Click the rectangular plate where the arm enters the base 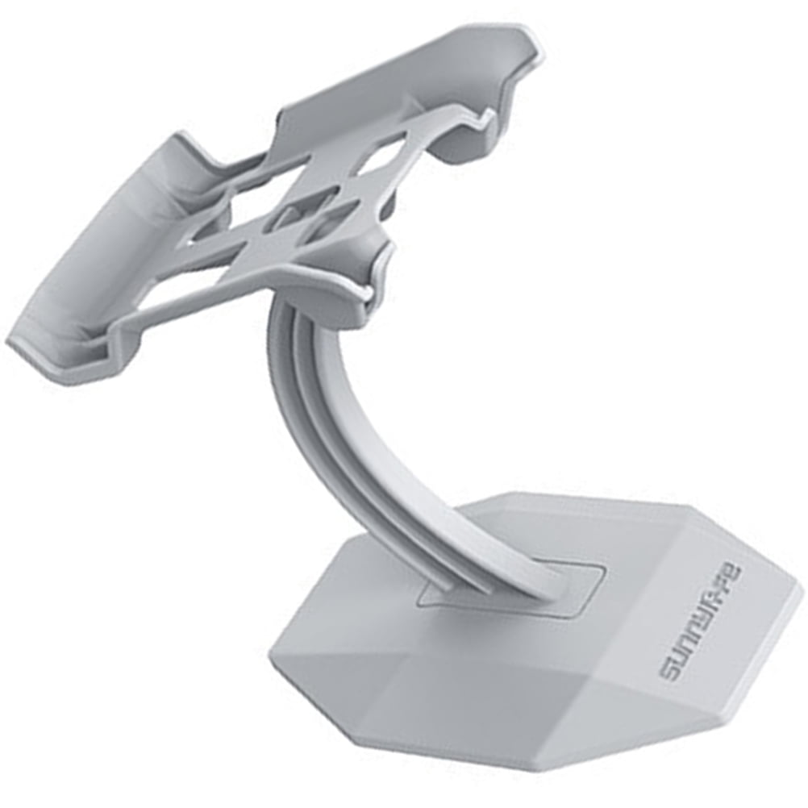[x=516, y=588]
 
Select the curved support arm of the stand [x=355, y=435]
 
